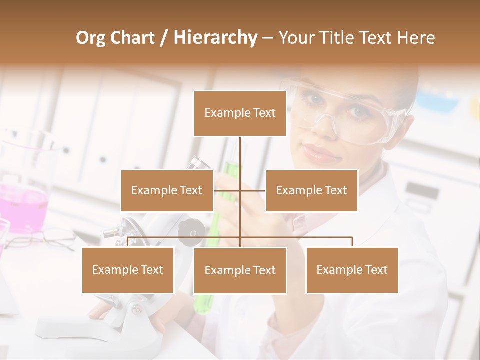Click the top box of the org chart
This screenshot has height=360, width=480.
click(240, 113)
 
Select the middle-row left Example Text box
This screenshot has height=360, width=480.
click(167, 190)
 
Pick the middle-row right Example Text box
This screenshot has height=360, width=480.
click(311, 190)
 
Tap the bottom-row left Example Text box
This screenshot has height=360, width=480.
click(128, 270)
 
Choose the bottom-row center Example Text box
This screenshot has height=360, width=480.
click(240, 270)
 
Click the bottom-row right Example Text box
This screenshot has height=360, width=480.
click(352, 270)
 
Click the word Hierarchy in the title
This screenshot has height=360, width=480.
click(215, 37)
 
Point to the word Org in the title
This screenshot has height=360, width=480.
click(90, 38)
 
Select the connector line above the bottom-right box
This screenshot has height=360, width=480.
click(352, 242)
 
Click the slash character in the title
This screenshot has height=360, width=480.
click(164, 38)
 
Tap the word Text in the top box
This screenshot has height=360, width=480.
click(263, 113)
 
